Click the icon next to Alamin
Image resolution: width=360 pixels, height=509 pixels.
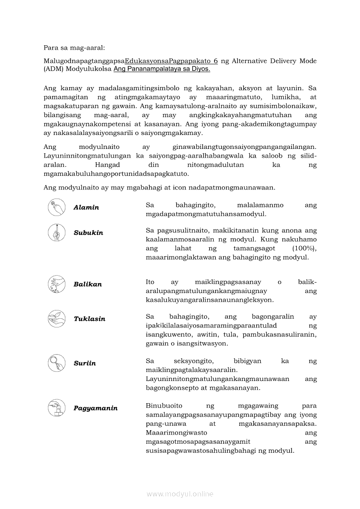pos(57,207)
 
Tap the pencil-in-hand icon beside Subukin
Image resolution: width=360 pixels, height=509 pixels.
pos(57,232)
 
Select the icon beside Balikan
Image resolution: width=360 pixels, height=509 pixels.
pos(57,284)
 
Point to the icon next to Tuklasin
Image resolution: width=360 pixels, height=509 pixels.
pos(57,318)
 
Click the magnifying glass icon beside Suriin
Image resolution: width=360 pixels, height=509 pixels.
pos(57,363)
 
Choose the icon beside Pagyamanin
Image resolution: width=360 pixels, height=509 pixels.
pos(57,408)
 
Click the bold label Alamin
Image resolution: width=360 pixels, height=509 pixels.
pos(86,208)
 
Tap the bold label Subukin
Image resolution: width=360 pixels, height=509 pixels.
pos(88,233)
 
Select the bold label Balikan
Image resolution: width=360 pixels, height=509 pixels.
pos(88,284)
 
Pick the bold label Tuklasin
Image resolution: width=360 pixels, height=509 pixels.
pos(89,319)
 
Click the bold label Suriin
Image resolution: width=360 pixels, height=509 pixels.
pos(85,363)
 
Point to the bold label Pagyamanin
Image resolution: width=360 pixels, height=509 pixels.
pos(95,408)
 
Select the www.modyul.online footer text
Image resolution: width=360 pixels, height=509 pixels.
pos(180,494)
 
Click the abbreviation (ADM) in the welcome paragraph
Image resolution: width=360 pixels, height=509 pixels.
pos(54,69)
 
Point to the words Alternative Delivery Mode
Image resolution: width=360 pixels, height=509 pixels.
pos(274,61)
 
